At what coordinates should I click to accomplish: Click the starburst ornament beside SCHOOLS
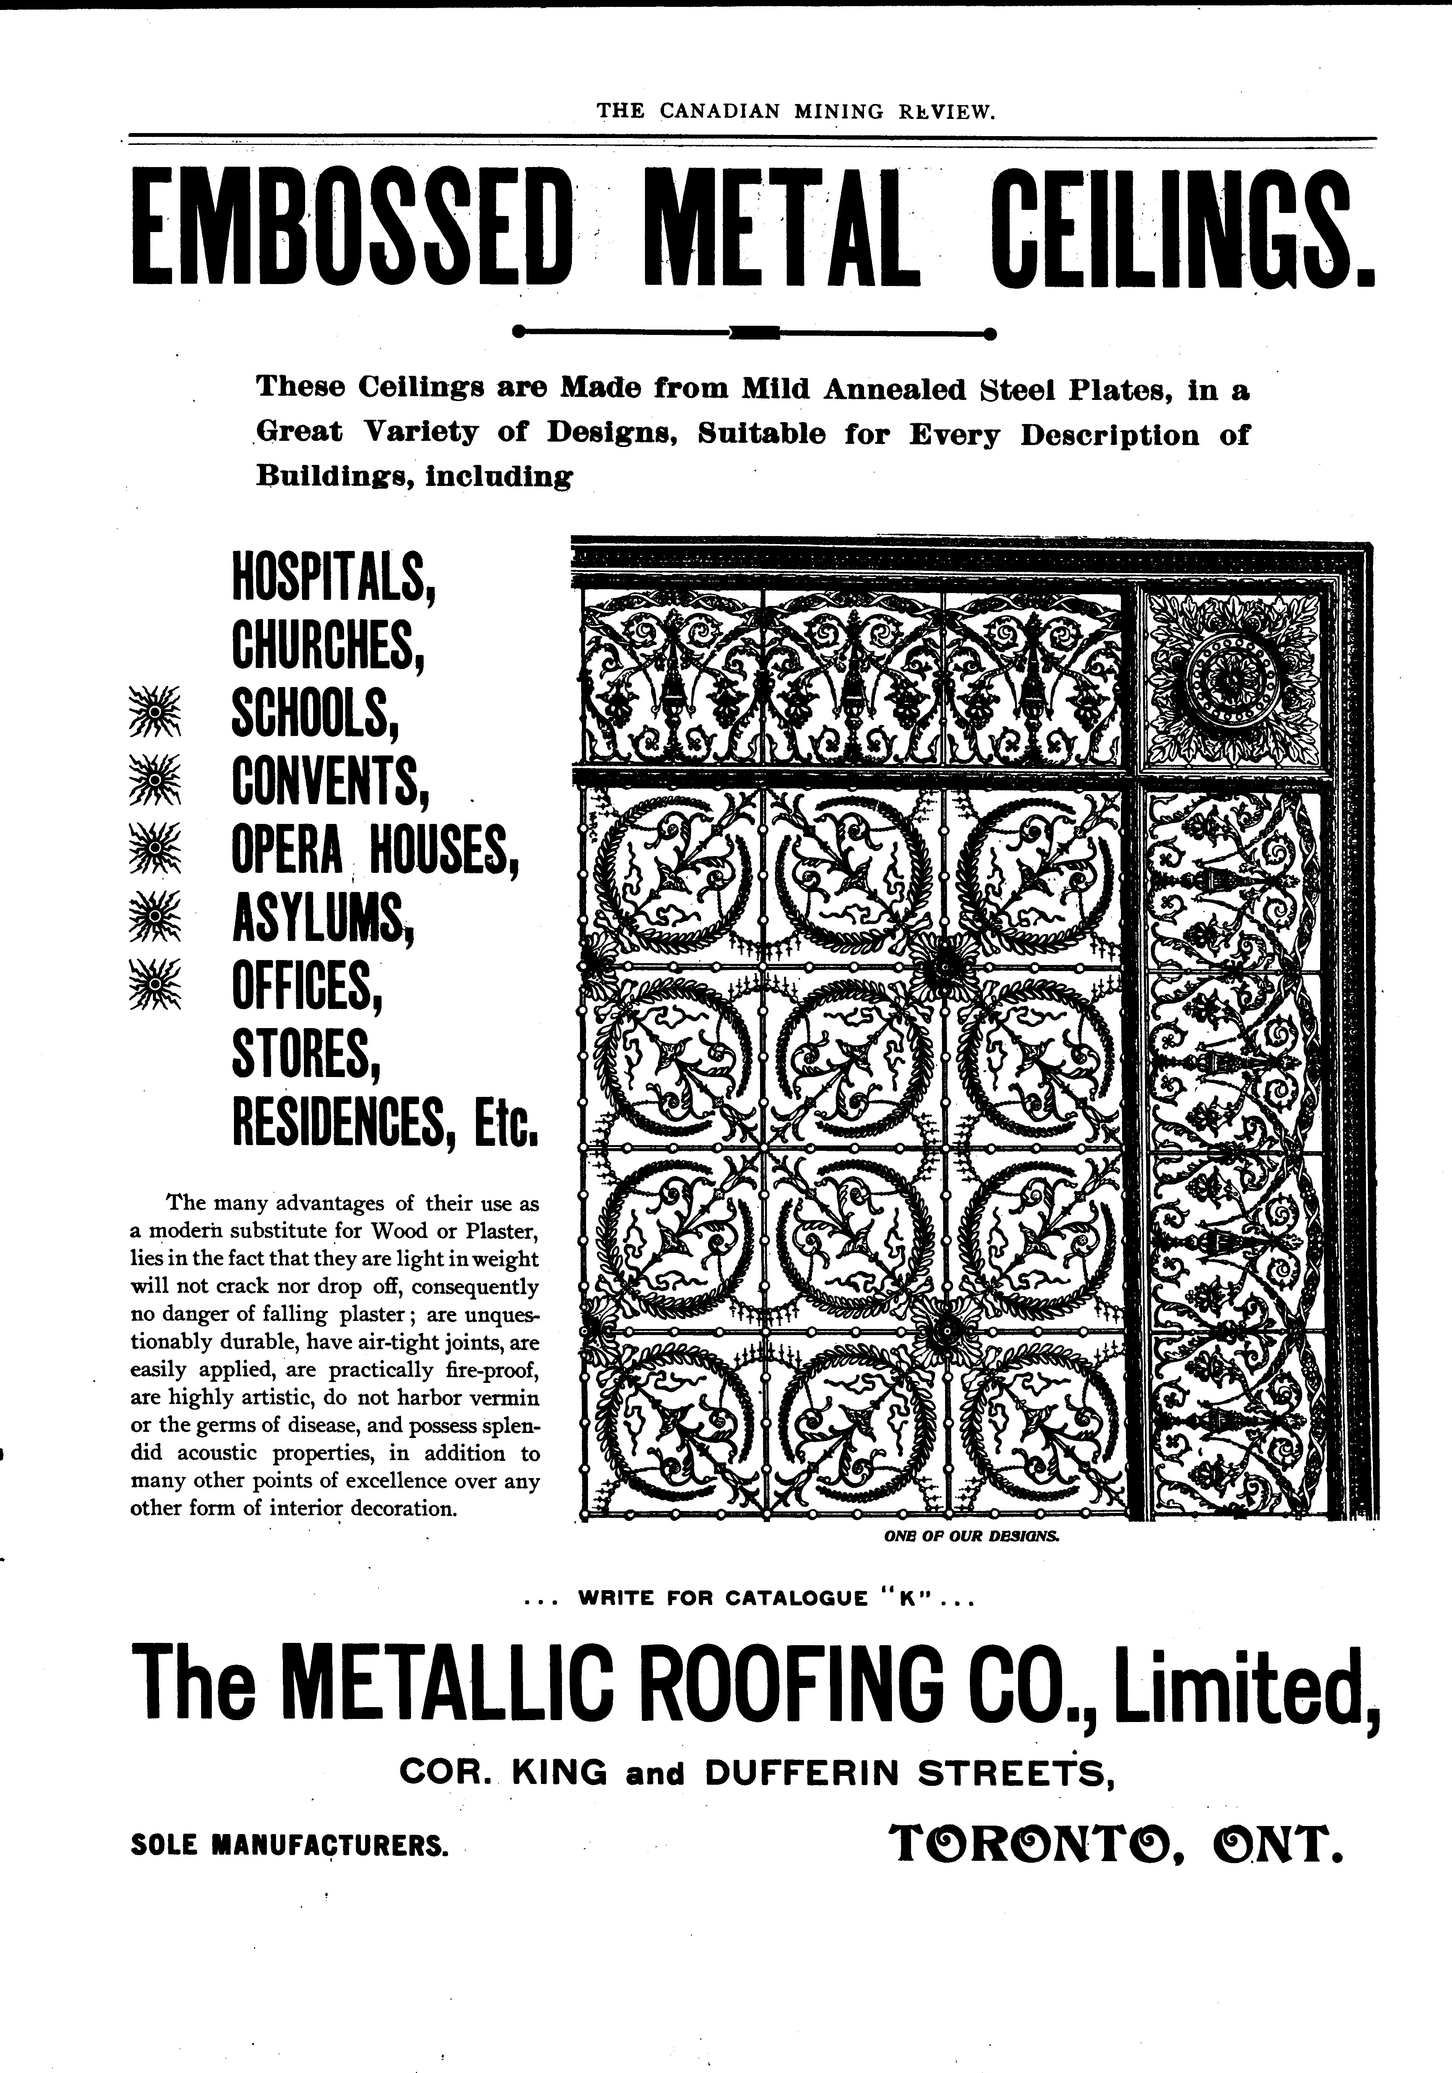[x=155, y=712]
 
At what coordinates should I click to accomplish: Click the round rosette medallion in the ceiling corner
[x=1228, y=677]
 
